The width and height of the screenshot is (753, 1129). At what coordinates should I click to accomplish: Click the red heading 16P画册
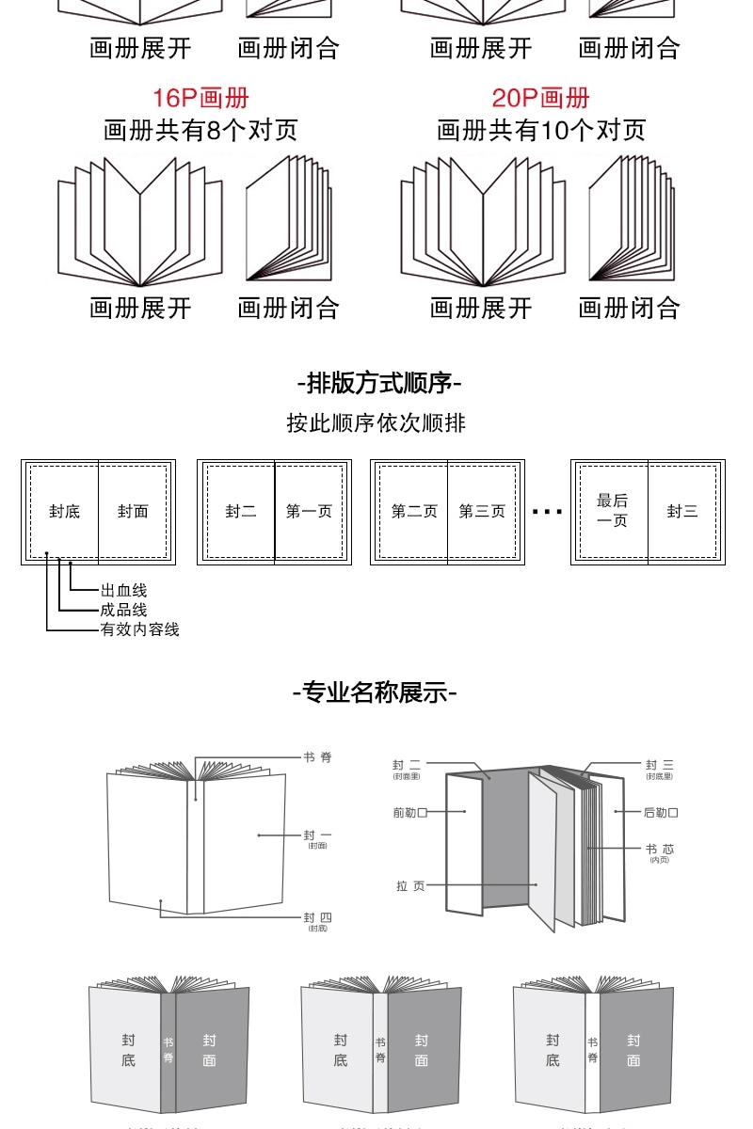200,98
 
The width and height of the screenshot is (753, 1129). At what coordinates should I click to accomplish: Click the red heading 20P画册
540,98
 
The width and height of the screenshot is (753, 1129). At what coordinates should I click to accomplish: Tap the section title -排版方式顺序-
378,383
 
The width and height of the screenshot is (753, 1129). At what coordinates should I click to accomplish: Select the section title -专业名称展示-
375,693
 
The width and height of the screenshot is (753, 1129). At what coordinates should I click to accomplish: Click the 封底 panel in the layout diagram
64,512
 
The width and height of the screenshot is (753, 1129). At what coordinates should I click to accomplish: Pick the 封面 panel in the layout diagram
133,512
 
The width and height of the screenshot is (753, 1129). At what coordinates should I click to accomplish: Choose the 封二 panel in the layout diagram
240,512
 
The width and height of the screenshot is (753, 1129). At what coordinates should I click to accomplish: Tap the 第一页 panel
309,512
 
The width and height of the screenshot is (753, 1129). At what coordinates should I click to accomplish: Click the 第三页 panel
482,512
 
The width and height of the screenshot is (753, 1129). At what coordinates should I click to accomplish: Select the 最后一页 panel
612,511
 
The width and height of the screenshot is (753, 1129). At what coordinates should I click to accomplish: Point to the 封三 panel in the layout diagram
682,512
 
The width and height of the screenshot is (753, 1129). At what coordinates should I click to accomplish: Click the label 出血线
123,591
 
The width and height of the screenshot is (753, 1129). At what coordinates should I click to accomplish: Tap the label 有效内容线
139,629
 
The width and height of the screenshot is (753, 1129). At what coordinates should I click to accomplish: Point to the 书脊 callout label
317,757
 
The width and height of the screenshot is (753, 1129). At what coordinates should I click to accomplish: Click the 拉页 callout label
410,885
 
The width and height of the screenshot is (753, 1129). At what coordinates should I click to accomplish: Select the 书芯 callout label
659,850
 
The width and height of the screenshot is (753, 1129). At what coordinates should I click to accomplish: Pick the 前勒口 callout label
410,812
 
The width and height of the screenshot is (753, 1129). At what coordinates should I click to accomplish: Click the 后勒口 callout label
661,812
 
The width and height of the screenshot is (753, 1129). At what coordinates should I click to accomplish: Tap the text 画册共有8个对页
200,130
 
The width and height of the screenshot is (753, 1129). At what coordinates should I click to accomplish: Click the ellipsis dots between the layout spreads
547,512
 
